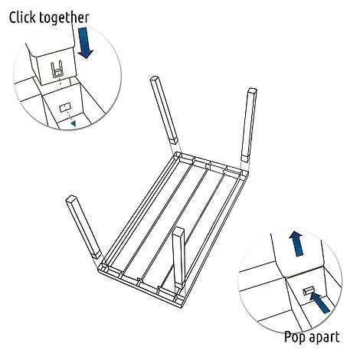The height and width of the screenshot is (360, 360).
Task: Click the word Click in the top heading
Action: point(22,18)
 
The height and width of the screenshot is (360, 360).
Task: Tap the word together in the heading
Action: point(64,18)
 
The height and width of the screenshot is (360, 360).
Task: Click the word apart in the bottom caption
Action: point(324,337)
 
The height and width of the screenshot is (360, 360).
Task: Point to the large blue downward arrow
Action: point(85,43)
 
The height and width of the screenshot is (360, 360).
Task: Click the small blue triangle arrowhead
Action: point(74,123)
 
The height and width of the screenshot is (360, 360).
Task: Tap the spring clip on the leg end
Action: point(57,69)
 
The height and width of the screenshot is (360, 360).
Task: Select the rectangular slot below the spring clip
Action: point(65,108)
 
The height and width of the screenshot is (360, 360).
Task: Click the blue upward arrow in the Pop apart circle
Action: point(296,244)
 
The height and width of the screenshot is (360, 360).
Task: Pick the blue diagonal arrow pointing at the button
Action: point(319,303)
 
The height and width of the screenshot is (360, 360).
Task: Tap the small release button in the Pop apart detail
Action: point(308,291)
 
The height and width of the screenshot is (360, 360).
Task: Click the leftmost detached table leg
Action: point(83,227)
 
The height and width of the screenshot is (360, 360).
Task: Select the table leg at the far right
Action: point(249,125)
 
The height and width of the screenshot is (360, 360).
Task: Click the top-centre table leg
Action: point(164,110)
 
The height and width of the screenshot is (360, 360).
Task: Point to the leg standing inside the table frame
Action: point(178,258)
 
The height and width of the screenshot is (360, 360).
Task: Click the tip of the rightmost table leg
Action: point(252,89)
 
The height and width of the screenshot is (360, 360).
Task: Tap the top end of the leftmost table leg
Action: point(70,198)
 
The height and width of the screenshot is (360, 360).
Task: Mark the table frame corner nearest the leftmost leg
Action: point(100,268)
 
